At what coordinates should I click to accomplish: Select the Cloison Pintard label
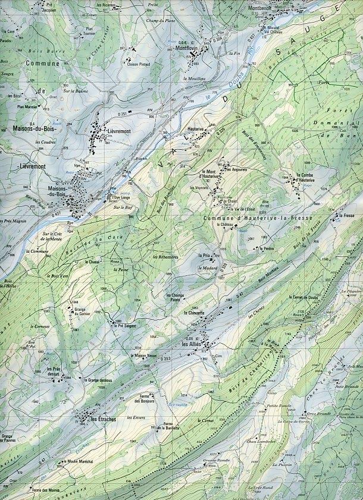139,64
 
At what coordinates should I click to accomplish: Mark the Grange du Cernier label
84,312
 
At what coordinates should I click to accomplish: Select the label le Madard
204,268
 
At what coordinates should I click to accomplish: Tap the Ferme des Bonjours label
145,400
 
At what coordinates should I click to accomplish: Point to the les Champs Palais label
177,297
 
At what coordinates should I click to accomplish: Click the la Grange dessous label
98,380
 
